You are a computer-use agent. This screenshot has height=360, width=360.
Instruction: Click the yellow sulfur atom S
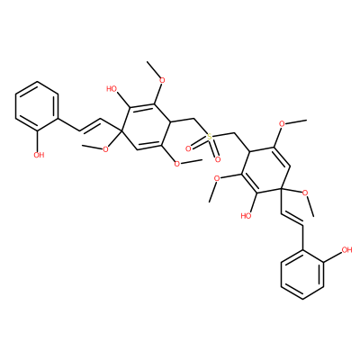coord(210,137)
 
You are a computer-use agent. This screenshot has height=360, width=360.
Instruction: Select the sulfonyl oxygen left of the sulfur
coord(188,148)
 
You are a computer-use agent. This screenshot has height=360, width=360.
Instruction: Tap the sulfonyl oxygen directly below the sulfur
coord(218,159)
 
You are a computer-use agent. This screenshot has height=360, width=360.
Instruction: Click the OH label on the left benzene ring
coord(39,155)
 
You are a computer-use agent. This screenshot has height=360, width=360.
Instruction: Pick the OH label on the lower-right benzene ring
coord(346,249)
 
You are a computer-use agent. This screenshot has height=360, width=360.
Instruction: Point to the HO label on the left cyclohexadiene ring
coord(112,89)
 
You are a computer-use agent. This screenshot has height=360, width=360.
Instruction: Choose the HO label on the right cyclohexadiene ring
coord(247,215)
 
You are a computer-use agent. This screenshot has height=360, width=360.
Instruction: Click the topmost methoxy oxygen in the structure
coord(162,80)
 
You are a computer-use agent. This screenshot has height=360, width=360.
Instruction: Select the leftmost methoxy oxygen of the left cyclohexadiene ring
coord(105,149)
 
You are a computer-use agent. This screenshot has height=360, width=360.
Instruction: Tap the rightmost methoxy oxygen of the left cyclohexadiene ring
coord(177,164)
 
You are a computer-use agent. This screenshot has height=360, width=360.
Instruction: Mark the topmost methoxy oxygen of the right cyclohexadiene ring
coord(283,124)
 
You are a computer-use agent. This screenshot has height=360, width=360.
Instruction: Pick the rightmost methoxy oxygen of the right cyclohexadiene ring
coord(305,193)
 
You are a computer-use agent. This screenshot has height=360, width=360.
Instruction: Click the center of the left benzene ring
coord(37,107)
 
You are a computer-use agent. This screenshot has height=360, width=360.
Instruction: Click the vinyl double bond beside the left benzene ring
coord(90,125)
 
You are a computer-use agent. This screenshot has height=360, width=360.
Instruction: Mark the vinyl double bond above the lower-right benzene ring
coord(292,219)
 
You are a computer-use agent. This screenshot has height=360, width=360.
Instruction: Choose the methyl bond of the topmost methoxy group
coord(153,68)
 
